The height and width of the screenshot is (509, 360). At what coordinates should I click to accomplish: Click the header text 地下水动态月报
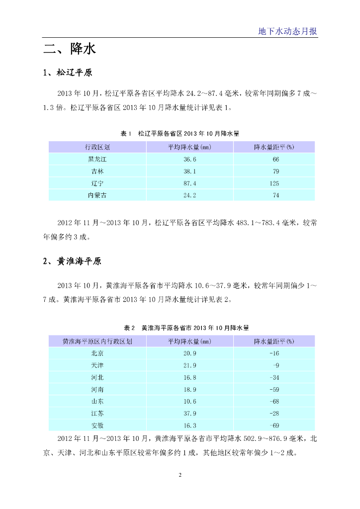(287, 31)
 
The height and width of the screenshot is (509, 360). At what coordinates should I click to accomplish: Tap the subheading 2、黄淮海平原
(72, 261)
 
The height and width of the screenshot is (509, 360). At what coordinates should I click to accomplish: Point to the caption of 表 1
(180, 133)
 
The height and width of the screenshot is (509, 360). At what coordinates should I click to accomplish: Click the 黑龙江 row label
(97, 159)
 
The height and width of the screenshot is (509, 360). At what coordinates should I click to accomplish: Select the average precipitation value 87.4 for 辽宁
(189, 183)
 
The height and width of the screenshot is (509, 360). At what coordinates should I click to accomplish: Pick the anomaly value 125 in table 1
(274, 183)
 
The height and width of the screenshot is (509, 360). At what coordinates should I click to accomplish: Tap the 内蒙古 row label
(97, 195)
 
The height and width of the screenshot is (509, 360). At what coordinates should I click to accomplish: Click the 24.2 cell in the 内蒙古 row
(189, 195)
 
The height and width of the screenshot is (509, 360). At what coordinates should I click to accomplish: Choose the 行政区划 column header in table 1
(97, 147)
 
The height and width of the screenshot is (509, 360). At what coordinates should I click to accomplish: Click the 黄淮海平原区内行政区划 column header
(97, 341)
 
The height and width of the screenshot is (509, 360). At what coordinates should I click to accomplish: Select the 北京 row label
(97, 353)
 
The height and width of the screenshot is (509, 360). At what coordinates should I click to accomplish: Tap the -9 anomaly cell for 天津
(274, 365)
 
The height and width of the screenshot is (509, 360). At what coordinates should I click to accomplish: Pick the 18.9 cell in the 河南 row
(189, 389)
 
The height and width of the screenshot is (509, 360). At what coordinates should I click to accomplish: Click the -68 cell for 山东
(274, 402)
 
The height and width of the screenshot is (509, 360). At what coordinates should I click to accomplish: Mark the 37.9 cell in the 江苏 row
(189, 414)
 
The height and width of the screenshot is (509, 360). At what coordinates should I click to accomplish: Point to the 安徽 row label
(97, 425)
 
